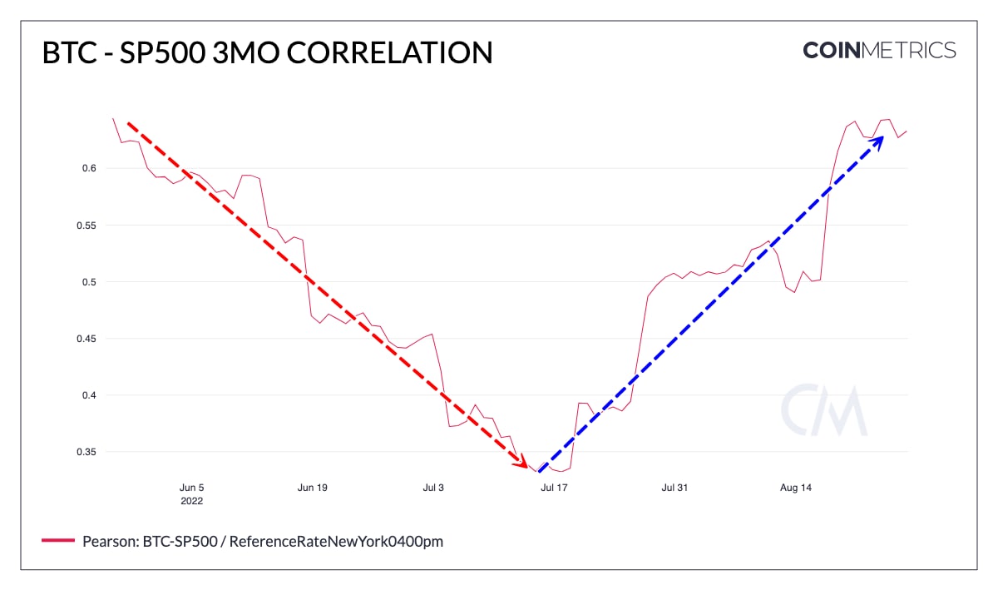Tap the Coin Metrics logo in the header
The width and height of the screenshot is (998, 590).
[x=879, y=50]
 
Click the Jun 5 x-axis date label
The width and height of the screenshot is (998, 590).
[x=191, y=488]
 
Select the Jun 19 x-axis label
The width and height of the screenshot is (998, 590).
[x=312, y=488]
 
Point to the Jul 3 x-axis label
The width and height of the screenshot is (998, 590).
[x=434, y=488]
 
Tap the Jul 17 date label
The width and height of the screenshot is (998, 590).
[x=554, y=488]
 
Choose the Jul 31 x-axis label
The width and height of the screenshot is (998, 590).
[x=674, y=488]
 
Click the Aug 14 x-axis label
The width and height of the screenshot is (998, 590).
[x=796, y=488]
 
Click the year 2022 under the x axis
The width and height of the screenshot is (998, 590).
[x=191, y=501]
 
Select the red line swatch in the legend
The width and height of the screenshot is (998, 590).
[x=59, y=541]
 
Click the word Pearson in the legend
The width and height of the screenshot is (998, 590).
[x=106, y=542]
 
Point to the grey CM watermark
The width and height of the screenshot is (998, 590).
[x=823, y=410]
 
